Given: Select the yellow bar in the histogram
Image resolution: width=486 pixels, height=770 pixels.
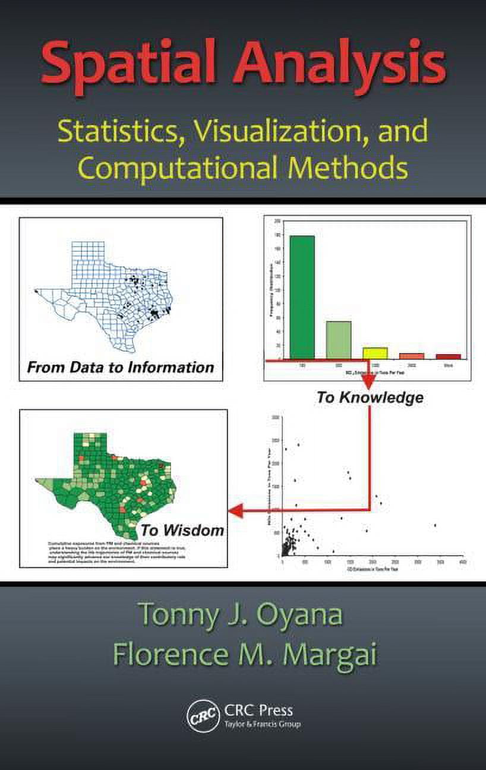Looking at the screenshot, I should click(x=375, y=353).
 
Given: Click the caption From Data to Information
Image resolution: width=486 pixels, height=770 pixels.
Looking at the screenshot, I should click(x=121, y=367).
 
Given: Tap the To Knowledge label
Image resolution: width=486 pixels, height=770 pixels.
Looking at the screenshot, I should click(x=370, y=397).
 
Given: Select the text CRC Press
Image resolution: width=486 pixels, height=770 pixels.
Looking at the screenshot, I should click(x=258, y=710).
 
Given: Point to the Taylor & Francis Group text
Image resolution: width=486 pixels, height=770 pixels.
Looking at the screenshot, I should click(x=263, y=725).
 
